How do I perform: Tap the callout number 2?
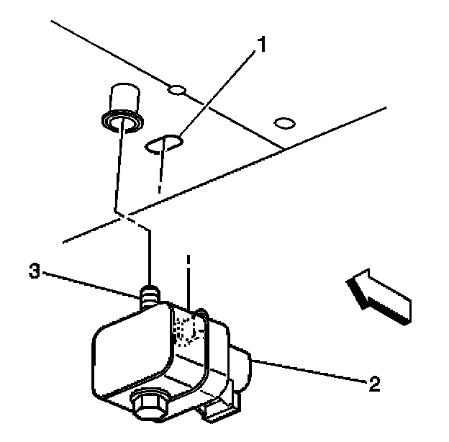pos(373,383)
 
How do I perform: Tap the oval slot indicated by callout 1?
pos(164,145)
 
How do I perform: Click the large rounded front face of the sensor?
pos(130,353)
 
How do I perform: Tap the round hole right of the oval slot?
pos(285,123)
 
